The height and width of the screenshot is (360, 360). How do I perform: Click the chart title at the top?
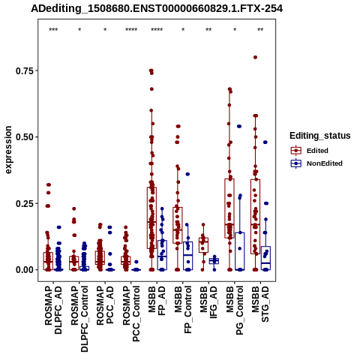click(157, 8)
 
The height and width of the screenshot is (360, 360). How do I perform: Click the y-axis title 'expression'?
click(8, 150)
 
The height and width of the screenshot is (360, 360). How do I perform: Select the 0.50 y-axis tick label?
click(25, 137)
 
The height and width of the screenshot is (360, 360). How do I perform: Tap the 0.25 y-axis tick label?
click(25, 203)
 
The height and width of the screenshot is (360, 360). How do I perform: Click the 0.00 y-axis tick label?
click(25, 270)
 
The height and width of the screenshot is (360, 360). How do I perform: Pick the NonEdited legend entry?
click(316, 163)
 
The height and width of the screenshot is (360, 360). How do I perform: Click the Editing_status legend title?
click(320, 136)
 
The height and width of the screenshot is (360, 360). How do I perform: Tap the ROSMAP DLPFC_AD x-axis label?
click(53, 310)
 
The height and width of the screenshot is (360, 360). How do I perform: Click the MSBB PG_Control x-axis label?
click(235, 310)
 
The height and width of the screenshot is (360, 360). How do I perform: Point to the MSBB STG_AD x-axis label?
click(260, 304)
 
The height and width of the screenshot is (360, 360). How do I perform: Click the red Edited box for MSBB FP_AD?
click(151, 217)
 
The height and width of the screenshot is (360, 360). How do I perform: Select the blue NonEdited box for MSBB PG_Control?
click(240, 251)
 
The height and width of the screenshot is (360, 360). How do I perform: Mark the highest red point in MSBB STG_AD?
click(255, 57)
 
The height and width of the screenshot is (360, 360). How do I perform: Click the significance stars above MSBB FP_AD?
click(157, 30)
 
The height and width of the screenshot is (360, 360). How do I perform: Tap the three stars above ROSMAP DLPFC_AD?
click(53, 30)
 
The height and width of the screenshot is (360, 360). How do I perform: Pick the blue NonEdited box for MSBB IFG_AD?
click(214, 261)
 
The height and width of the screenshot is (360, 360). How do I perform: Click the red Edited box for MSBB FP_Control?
click(178, 225)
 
